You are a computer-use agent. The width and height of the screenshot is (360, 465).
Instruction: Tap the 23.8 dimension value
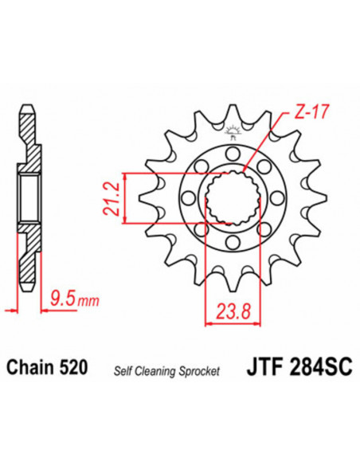pyautogui.click(x=230, y=310)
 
